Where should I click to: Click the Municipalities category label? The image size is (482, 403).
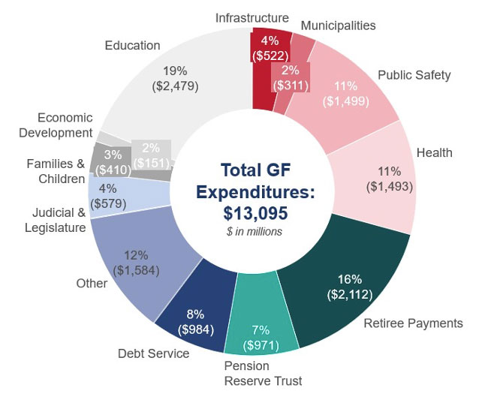click(338, 26)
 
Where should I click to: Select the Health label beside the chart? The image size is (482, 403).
click(435, 153)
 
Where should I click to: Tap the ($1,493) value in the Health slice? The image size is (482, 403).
click(390, 185)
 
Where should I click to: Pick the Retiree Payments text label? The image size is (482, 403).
click(413, 323)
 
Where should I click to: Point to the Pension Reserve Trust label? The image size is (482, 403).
click(263, 374)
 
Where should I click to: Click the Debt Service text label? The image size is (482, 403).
click(153, 353)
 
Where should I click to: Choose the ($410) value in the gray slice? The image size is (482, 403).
click(113, 170)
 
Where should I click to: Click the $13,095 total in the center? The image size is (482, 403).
click(255, 213)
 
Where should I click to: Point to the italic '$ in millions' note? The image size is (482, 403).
click(255, 232)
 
